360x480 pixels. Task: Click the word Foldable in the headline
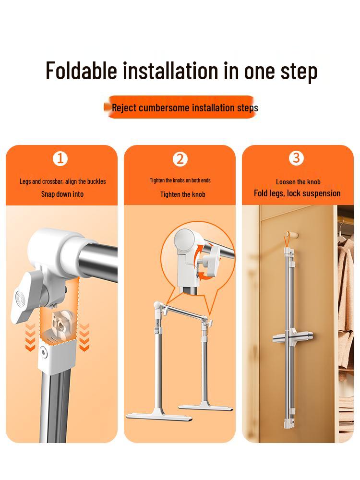(82, 71)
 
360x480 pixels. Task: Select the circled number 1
(60, 158)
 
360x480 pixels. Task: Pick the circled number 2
(180, 159)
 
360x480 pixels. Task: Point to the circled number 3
(296, 158)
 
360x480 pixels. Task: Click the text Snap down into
(62, 194)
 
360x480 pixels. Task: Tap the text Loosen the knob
(298, 182)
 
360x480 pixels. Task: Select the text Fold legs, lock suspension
(297, 193)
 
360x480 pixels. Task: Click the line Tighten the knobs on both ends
(180, 180)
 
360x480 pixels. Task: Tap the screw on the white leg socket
(44, 352)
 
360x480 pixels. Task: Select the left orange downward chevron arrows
(30, 337)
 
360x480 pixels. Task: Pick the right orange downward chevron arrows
(84, 337)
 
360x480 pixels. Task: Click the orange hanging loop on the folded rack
(287, 241)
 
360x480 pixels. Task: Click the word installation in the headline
(170, 71)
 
